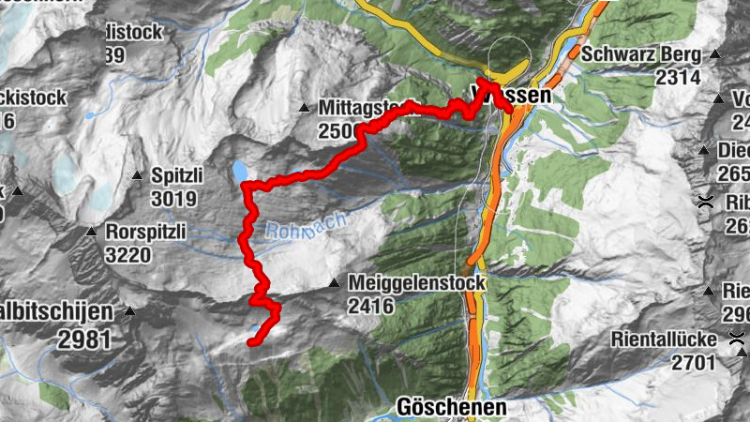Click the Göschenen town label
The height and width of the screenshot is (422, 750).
(x=451, y=408)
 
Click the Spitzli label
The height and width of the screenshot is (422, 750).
(x=172, y=175)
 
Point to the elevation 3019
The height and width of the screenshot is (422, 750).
(x=172, y=198)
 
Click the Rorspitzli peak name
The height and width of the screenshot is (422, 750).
(x=147, y=231)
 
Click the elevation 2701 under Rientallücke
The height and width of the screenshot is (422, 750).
(x=694, y=361)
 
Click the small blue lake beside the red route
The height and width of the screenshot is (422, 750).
(x=241, y=171)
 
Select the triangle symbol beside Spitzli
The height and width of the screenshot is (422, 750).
(x=137, y=175)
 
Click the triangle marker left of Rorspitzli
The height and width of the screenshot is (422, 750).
(x=92, y=232)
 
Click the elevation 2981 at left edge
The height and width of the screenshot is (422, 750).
(x=84, y=340)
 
